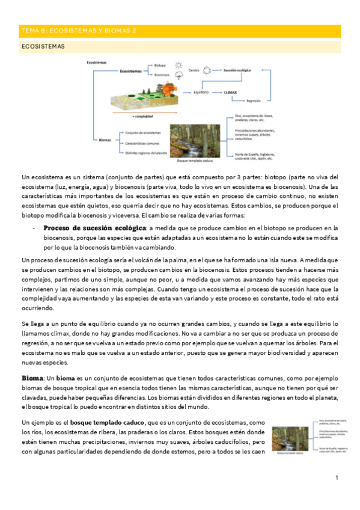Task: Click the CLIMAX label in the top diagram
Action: [231, 92]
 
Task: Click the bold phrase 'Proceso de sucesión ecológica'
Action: [95, 228]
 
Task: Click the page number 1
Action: [338, 478]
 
